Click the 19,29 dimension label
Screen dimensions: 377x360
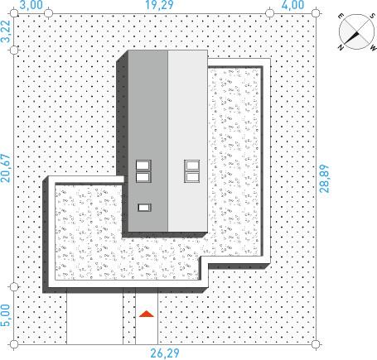(159, 5)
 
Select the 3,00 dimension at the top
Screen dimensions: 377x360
(31, 5)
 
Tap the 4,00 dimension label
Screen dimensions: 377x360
(292, 5)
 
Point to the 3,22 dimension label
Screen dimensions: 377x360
(5, 31)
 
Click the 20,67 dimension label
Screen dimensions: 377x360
(5, 168)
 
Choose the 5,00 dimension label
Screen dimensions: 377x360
(5, 315)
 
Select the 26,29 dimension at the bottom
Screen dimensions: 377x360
(165, 353)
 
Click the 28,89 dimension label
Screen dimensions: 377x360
(325, 179)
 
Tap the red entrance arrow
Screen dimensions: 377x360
(146, 314)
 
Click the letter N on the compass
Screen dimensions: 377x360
(341, 48)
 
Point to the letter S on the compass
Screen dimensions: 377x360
(371, 17)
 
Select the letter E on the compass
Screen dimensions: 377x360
(341, 16)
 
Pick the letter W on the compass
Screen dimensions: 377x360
(373, 48)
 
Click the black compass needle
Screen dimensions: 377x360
(351, 38)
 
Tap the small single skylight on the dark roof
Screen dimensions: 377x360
(144, 208)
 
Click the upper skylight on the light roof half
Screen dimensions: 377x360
(192, 166)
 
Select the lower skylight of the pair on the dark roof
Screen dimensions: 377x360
(143, 177)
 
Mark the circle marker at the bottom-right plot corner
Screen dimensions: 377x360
(316, 344)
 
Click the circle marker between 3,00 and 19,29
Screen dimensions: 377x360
(48, 13)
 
